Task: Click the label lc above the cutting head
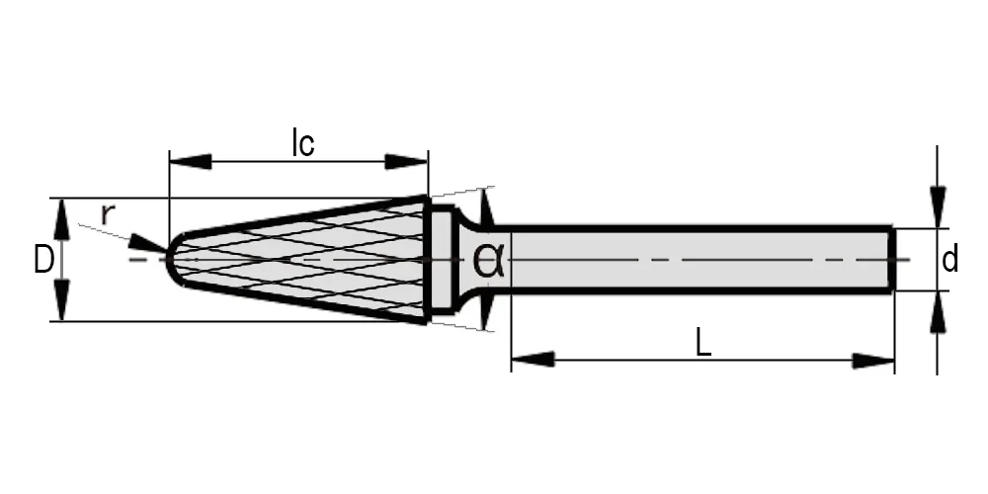pos(303,143)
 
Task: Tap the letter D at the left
pos(42,260)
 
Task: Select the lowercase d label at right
pos(949,259)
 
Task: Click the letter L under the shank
pos(703,344)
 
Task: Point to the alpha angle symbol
pos(488,260)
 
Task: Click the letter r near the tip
pos(108,214)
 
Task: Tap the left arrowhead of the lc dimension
pos(191,161)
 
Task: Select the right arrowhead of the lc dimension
pos(406,161)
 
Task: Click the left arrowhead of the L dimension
pos(533,360)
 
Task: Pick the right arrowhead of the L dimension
pos(873,361)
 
